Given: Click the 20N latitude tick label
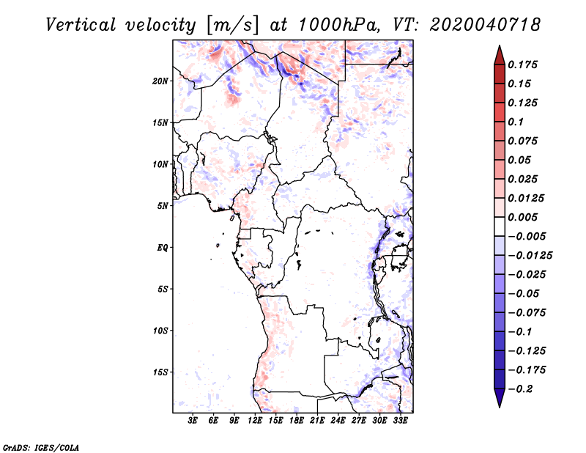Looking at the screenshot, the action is click(160, 81).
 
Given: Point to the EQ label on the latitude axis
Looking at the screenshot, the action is click(163, 248).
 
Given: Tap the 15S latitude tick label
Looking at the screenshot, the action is click(160, 372).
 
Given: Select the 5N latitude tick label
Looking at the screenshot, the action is click(163, 206).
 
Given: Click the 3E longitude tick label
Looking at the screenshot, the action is click(193, 420).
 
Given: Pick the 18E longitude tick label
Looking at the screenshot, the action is click(297, 420).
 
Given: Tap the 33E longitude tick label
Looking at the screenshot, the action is click(400, 420).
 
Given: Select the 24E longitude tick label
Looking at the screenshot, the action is click(338, 420).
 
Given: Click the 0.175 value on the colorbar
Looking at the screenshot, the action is click(522, 65).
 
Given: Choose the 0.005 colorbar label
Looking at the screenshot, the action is click(522, 217).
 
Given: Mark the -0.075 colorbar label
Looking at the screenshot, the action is click(527, 313).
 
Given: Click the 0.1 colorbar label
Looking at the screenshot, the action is click(516, 122).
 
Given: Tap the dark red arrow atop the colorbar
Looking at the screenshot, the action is click(500, 55).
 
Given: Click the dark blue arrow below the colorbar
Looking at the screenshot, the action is click(500, 398).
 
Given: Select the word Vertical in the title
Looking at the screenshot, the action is click(81, 25).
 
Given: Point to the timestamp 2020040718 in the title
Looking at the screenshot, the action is click(485, 25).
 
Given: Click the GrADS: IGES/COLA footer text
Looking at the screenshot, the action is click(41, 448).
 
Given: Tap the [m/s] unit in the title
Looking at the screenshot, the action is click(232, 26).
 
